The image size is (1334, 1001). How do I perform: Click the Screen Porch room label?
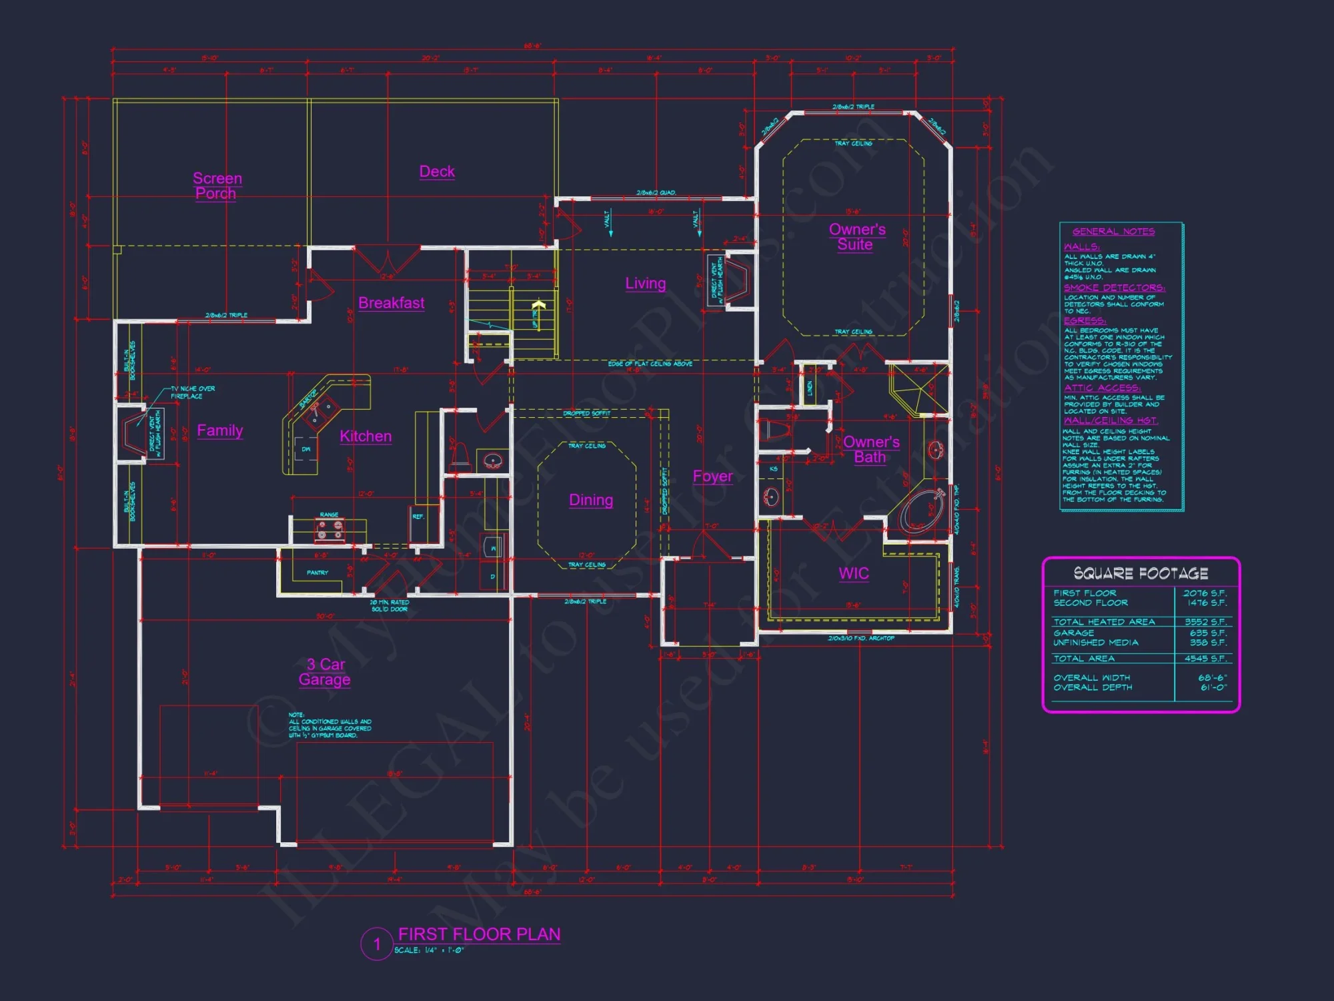tap(217, 186)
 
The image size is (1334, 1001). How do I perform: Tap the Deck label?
tap(437, 172)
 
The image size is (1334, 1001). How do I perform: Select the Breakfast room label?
tap(391, 303)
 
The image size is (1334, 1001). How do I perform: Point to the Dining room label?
tap(591, 500)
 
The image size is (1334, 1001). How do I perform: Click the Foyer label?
tap(712, 476)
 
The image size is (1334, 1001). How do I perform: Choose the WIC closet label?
tap(854, 573)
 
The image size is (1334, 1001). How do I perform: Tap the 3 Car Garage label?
tap(325, 671)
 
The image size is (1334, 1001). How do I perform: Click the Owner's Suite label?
tap(856, 237)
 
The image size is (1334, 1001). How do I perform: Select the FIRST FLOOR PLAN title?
tap(479, 934)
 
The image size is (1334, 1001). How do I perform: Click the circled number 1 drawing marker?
tap(377, 944)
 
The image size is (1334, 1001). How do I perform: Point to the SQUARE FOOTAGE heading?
tap(1141, 573)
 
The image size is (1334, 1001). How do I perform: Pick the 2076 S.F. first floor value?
tap(1205, 593)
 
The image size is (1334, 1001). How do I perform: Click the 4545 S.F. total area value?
tap(1205, 658)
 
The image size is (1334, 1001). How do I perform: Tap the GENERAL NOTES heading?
tap(1113, 232)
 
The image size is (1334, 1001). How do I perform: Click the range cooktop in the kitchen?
tap(329, 530)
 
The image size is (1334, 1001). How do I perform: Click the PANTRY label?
tap(317, 573)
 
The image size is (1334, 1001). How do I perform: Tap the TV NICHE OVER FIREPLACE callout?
tap(192, 392)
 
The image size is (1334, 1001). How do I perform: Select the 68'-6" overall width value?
tap(1212, 677)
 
